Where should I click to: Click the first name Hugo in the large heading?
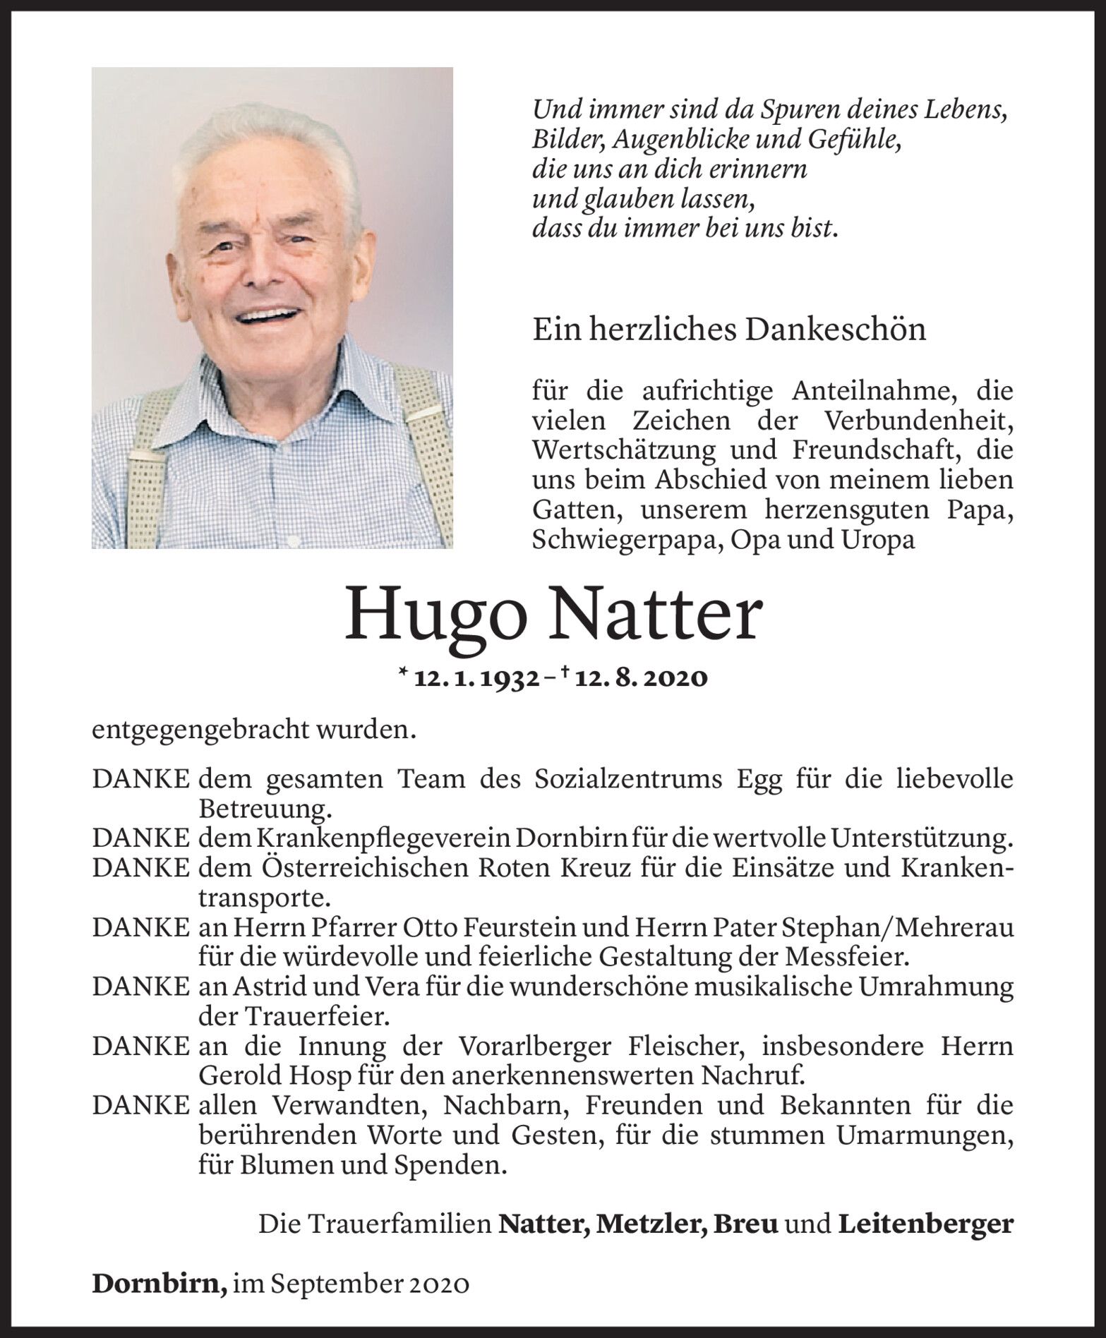pos(435,615)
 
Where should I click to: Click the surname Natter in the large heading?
pos(656,615)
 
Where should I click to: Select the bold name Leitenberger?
pos(925,1224)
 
